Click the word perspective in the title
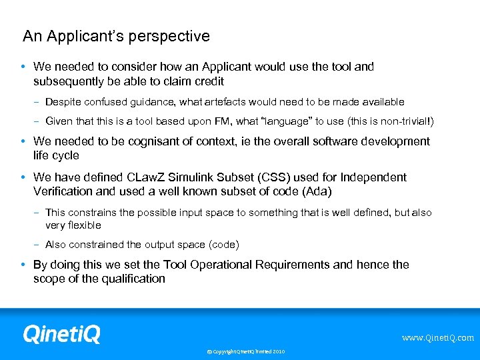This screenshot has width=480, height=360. click(171, 37)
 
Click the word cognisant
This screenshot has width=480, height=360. click(147, 141)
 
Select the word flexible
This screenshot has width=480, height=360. click(83, 225)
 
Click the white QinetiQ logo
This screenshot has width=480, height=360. click(61, 333)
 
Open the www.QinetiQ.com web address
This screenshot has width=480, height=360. click(437, 338)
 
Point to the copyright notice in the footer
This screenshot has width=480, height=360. click(245, 351)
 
